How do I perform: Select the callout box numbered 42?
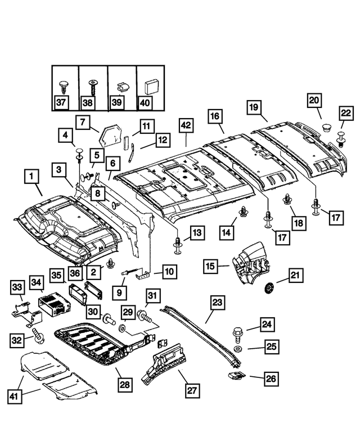click(x=186, y=127)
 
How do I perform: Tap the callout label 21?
click(x=296, y=275)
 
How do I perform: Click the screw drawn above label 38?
click(x=92, y=87)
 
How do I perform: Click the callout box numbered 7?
click(x=84, y=122)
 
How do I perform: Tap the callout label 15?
click(x=210, y=265)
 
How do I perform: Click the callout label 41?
click(x=15, y=396)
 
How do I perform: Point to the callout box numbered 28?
click(x=124, y=385)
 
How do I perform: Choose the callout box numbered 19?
click(x=254, y=107)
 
